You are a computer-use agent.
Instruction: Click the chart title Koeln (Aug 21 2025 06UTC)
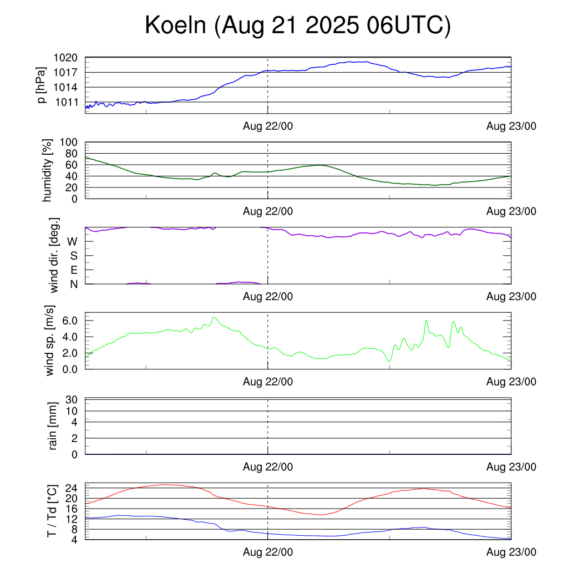(x=297, y=26)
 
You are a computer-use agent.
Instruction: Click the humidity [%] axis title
(x=49, y=170)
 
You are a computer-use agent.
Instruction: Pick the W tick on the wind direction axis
(x=72, y=241)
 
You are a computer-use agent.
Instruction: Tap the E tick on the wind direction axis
(x=73, y=270)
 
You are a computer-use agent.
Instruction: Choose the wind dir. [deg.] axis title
(x=54, y=255)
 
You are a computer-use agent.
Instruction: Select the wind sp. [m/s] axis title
(x=50, y=340)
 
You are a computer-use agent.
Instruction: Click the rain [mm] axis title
(x=53, y=426)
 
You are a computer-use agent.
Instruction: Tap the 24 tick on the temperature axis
(x=70, y=488)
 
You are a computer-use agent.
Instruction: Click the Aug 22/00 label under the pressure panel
(x=268, y=126)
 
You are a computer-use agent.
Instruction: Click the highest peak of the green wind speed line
(x=214, y=317)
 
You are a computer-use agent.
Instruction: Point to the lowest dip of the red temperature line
(x=321, y=515)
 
